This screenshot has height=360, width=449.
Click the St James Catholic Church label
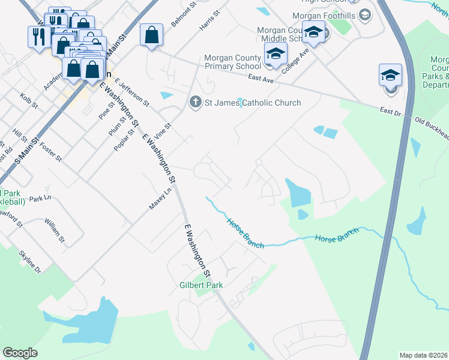point(253,103)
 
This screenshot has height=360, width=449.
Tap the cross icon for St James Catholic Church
point(195,103)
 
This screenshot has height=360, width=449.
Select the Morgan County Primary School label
point(232,62)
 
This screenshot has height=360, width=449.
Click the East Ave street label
point(261,79)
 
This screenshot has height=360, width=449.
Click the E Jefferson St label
point(131,92)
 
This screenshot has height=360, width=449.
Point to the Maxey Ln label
point(160,199)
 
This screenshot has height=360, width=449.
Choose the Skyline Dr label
point(29,262)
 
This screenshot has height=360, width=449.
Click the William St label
point(54,230)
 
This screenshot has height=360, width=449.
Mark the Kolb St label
point(29,100)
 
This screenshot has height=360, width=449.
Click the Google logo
point(20,352)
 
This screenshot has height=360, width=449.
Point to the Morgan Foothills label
point(324,15)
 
